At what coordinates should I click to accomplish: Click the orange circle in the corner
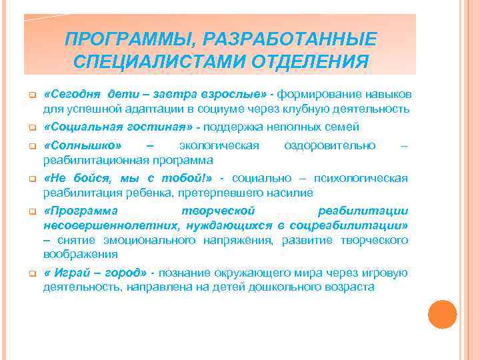click(442, 315)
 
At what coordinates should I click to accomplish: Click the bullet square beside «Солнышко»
click(31, 147)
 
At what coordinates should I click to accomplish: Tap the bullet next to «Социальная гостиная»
click(31, 127)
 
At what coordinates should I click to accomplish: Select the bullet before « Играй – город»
click(31, 274)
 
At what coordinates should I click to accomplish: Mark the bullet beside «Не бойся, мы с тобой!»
click(31, 179)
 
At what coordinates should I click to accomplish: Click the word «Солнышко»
click(83, 145)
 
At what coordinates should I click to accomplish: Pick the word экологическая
click(219, 145)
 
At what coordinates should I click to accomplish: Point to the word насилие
click(290, 193)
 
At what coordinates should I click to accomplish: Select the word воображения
click(81, 253)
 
